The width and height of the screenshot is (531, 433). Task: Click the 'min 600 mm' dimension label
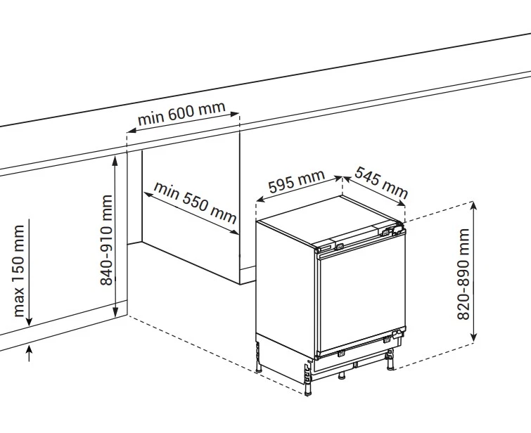click(x=181, y=113)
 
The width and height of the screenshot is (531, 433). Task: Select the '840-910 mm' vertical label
click(x=107, y=239)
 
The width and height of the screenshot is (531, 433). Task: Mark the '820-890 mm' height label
click(x=464, y=273)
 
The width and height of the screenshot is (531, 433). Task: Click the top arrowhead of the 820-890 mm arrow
click(x=474, y=205)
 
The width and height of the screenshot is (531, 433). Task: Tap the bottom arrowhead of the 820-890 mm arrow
click(x=474, y=340)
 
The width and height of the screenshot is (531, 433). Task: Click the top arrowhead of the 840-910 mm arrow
click(x=117, y=159)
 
